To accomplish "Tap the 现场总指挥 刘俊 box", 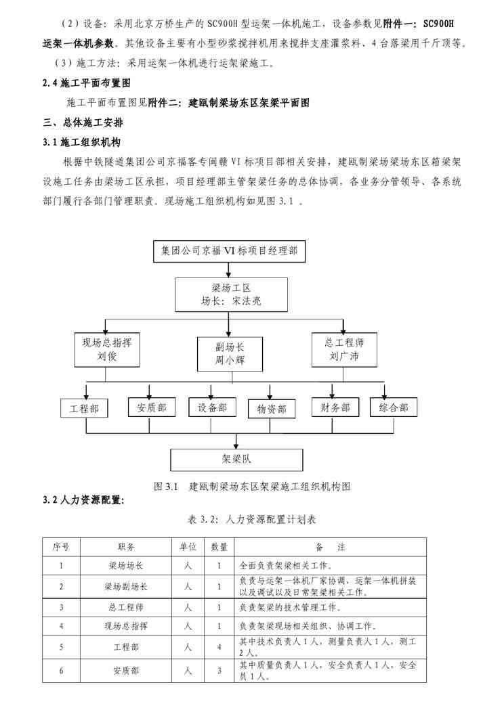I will tap(103, 350).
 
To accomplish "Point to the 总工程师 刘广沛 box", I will tap(343, 350).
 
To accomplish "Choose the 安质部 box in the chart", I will tap(151, 407).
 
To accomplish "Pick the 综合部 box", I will tap(394, 407).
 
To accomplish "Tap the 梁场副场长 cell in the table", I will tap(126, 587).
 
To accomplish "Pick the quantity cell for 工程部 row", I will tap(219, 648).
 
